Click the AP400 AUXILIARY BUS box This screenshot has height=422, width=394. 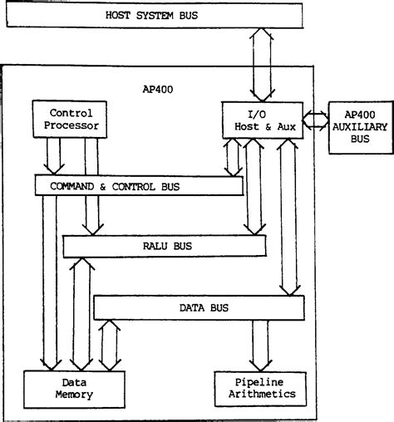coord(360,128)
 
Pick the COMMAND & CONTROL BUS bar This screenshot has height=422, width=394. coord(139,184)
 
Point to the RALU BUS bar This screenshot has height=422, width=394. coord(164,246)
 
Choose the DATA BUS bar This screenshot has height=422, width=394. coord(204,307)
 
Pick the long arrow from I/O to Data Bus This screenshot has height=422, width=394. coord(288,216)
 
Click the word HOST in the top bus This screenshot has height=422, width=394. coord(121,16)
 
